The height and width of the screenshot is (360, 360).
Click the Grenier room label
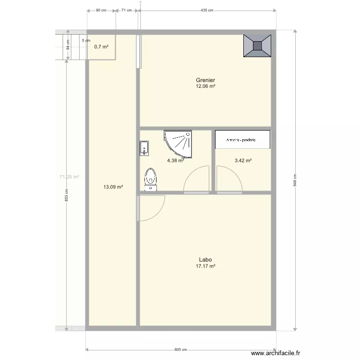pyautogui.click(x=205, y=80)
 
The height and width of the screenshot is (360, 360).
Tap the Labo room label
pyautogui.click(x=205, y=260)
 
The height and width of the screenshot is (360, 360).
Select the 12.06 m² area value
pyautogui.click(x=205, y=86)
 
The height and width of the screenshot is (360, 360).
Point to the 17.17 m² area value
pyautogui.click(x=205, y=266)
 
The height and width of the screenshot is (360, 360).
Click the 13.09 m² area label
pyautogui.click(x=113, y=187)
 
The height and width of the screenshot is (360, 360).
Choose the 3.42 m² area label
pyautogui.click(x=243, y=161)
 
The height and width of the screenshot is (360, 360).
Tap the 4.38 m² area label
pyautogui.click(x=176, y=161)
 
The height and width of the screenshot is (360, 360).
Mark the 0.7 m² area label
pyautogui.click(x=101, y=47)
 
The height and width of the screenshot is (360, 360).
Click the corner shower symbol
pyautogui.click(x=179, y=143)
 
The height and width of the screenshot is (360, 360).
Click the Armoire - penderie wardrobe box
pyautogui.click(x=242, y=140)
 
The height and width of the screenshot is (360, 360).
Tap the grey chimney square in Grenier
pyautogui.click(x=258, y=46)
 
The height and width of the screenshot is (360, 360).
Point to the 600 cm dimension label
pyautogui.click(x=180, y=350)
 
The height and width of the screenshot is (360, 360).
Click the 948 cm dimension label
pyautogui.click(x=295, y=180)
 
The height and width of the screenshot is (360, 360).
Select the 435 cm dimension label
pyautogui.click(x=207, y=10)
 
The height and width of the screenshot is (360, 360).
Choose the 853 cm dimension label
pyautogui.click(x=67, y=194)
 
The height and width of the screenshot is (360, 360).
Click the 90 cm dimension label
pyautogui.click(x=101, y=10)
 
